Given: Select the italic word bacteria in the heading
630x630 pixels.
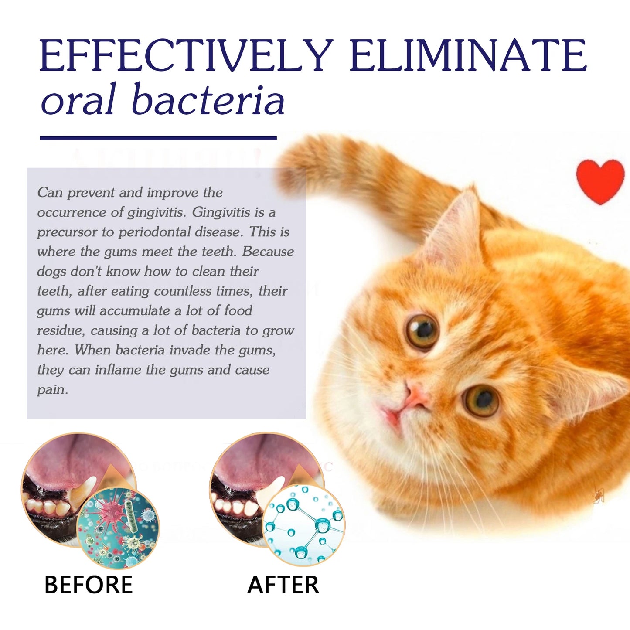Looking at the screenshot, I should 208,100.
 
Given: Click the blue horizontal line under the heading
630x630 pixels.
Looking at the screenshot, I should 158,138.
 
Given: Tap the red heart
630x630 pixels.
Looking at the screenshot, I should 600,180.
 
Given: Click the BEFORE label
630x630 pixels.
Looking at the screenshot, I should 89,585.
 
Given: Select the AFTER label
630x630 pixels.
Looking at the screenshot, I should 283,585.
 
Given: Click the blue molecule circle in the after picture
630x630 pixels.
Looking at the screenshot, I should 303,525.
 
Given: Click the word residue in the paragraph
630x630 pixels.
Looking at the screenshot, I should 60,330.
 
